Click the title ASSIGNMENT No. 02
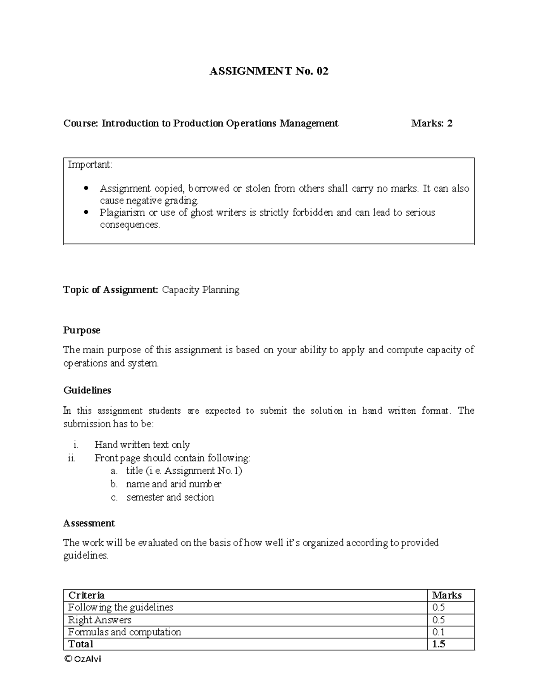pyautogui.click(x=269, y=71)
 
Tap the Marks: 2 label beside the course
pyautogui.click(x=431, y=123)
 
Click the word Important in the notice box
pyautogui.click(x=90, y=164)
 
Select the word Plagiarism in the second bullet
pyautogui.click(x=122, y=212)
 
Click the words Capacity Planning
pyautogui.click(x=200, y=290)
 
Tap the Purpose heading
pyautogui.click(x=82, y=330)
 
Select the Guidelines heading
pyautogui.click(x=87, y=390)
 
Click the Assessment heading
pyautogui.click(x=89, y=523)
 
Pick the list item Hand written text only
pyautogui.click(x=142, y=445)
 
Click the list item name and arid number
pyautogui.click(x=174, y=484)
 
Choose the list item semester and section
pyautogui.click(x=170, y=497)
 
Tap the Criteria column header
pyautogui.click(x=86, y=595)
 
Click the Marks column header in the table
pyautogui.click(x=447, y=595)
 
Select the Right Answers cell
pyautogui.click(x=100, y=620)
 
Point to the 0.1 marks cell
pyautogui.click(x=438, y=632)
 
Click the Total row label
pyautogui.click(x=81, y=644)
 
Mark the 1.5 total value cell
pyautogui.click(x=438, y=644)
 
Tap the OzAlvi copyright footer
pyautogui.click(x=82, y=659)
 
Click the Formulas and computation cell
pyautogui.click(x=124, y=632)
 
